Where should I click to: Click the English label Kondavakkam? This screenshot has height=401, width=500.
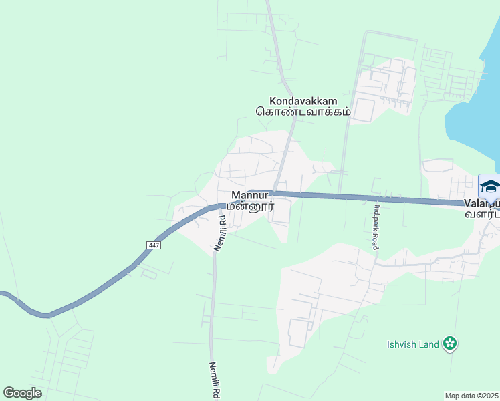click(x=303, y=100)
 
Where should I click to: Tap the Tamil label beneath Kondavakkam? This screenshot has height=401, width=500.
click(x=303, y=112)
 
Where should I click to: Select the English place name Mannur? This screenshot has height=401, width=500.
click(x=249, y=196)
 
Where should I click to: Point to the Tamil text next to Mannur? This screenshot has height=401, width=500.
click(x=250, y=207)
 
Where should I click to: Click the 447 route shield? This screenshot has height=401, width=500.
click(x=154, y=246)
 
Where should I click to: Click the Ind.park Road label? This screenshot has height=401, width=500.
click(x=376, y=227)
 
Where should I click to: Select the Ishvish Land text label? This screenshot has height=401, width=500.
click(x=413, y=344)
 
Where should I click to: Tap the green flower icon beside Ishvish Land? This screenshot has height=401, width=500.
click(x=451, y=344)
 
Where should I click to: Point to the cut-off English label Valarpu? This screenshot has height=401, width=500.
click(x=483, y=204)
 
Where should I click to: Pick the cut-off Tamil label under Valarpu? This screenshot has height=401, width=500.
click(x=483, y=215)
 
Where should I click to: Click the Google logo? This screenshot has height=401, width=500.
click(x=22, y=393)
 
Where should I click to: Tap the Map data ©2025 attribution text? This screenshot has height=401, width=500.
click(x=472, y=396)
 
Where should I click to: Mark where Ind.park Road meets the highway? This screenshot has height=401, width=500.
click(x=375, y=198)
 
